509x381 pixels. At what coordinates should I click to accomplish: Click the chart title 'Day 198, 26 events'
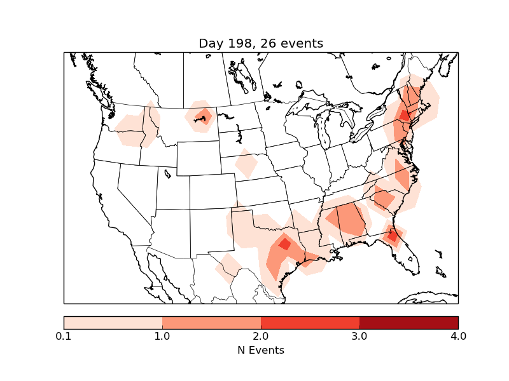pyautogui.click(x=261, y=44)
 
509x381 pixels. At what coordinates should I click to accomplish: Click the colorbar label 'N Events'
pyautogui.click(x=261, y=350)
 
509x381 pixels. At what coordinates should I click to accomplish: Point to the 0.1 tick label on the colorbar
pyautogui.click(x=64, y=336)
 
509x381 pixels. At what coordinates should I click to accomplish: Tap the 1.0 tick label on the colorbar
pyautogui.click(x=162, y=336)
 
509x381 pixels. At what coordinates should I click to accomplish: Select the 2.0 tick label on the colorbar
pyautogui.click(x=261, y=336)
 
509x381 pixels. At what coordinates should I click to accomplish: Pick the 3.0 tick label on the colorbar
pyautogui.click(x=359, y=336)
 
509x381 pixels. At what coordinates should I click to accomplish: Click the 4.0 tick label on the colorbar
pyautogui.click(x=458, y=336)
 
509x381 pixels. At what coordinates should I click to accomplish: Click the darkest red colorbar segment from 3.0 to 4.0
pyautogui.click(x=408, y=323)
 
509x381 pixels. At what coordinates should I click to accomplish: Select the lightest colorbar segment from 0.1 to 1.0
pyautogui.click(x=113, y=323)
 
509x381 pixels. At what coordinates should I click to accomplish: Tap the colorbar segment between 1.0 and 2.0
pyautogui.click(x=211, y=323)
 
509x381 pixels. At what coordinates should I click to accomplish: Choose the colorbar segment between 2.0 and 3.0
pyautogui.click(x=310, y=323)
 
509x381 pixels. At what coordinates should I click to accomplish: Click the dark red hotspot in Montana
pyautogui.click(x=204, y=116)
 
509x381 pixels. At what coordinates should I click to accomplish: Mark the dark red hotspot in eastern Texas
pyautogui.click(x=284, y=244)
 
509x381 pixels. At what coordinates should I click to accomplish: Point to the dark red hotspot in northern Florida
pyautogui.click(x=393, y=236)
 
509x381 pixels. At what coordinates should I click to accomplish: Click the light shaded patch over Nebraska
pyautogui.click(x=246, y=164)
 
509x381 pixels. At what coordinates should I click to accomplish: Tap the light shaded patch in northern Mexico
pyautogui.click(x=227, y=269)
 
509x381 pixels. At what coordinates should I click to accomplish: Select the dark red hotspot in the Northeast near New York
pyautogui.click(x=404, y=116)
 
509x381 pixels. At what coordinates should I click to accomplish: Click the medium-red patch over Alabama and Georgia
pyautogui.click(x=347, y=219)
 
